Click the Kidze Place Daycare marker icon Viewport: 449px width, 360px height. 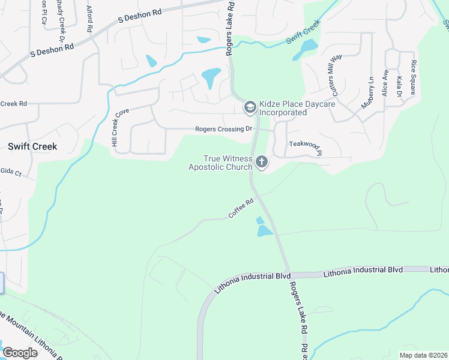pyautogui.click(x=250, y=107)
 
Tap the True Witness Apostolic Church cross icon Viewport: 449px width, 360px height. pyautogui.click(x=261, y=161)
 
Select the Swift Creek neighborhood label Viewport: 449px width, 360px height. pyautogui.click(x=32, y=146)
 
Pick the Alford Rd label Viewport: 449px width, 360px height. pyautogui.click(x=89, y=18)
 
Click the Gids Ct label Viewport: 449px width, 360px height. pyautogui.click(x=11, y=173)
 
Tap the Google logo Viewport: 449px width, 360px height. pyautogui.click(x=20, y=353)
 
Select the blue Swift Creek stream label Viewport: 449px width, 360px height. pyautogui.click(x=303, y=32)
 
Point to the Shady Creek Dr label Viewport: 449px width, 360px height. pyautogui.click(x=61, y=14)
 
